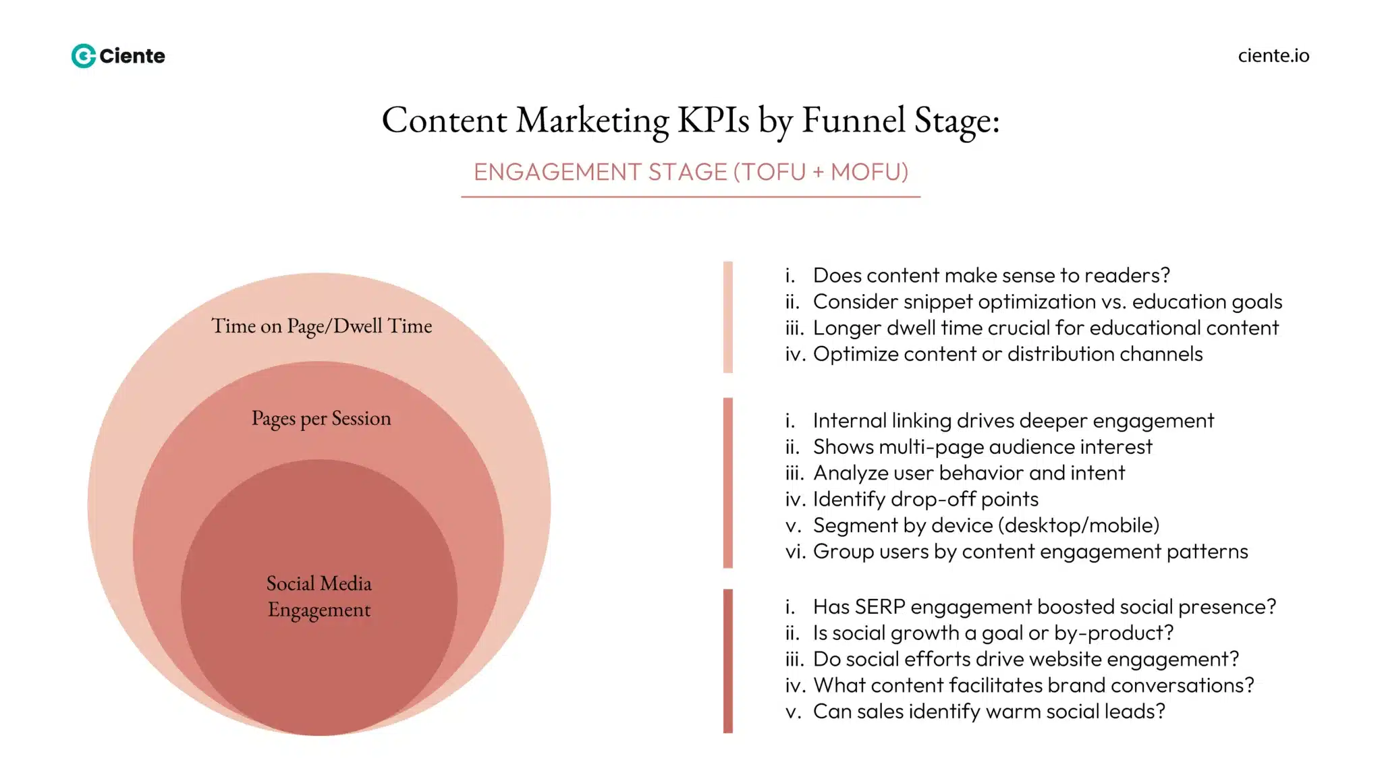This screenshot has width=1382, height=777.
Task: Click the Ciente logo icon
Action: coord(84,56)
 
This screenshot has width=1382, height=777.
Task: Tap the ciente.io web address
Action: coord(1273,55)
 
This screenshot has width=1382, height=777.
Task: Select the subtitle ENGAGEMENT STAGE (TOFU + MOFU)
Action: coord(691,172)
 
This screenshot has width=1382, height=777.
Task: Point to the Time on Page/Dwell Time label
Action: coord(321,326)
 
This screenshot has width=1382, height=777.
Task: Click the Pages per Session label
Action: coord(321,419)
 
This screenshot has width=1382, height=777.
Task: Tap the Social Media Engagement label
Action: coord(319,596)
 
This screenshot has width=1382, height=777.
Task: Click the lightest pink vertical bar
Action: coord(727,317)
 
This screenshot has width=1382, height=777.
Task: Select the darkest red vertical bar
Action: coord(727,661)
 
